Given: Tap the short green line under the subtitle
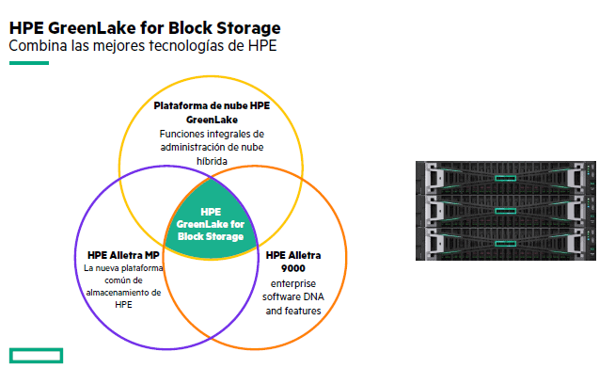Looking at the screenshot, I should pyautogui.click(x=28, y=63).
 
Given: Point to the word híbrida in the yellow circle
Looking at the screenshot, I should pyautogui.click(x=212, y=160).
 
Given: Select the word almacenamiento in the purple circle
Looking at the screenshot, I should pyautogui.click(x=118, y=293).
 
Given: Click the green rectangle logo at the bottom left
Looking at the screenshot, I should pyautogui.click(x=35, y=355).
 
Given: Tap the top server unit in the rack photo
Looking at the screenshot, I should pyautogui.click(x=507, y=177).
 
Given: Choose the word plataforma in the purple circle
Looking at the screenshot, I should pyautogui.click(x=134, y=268).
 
